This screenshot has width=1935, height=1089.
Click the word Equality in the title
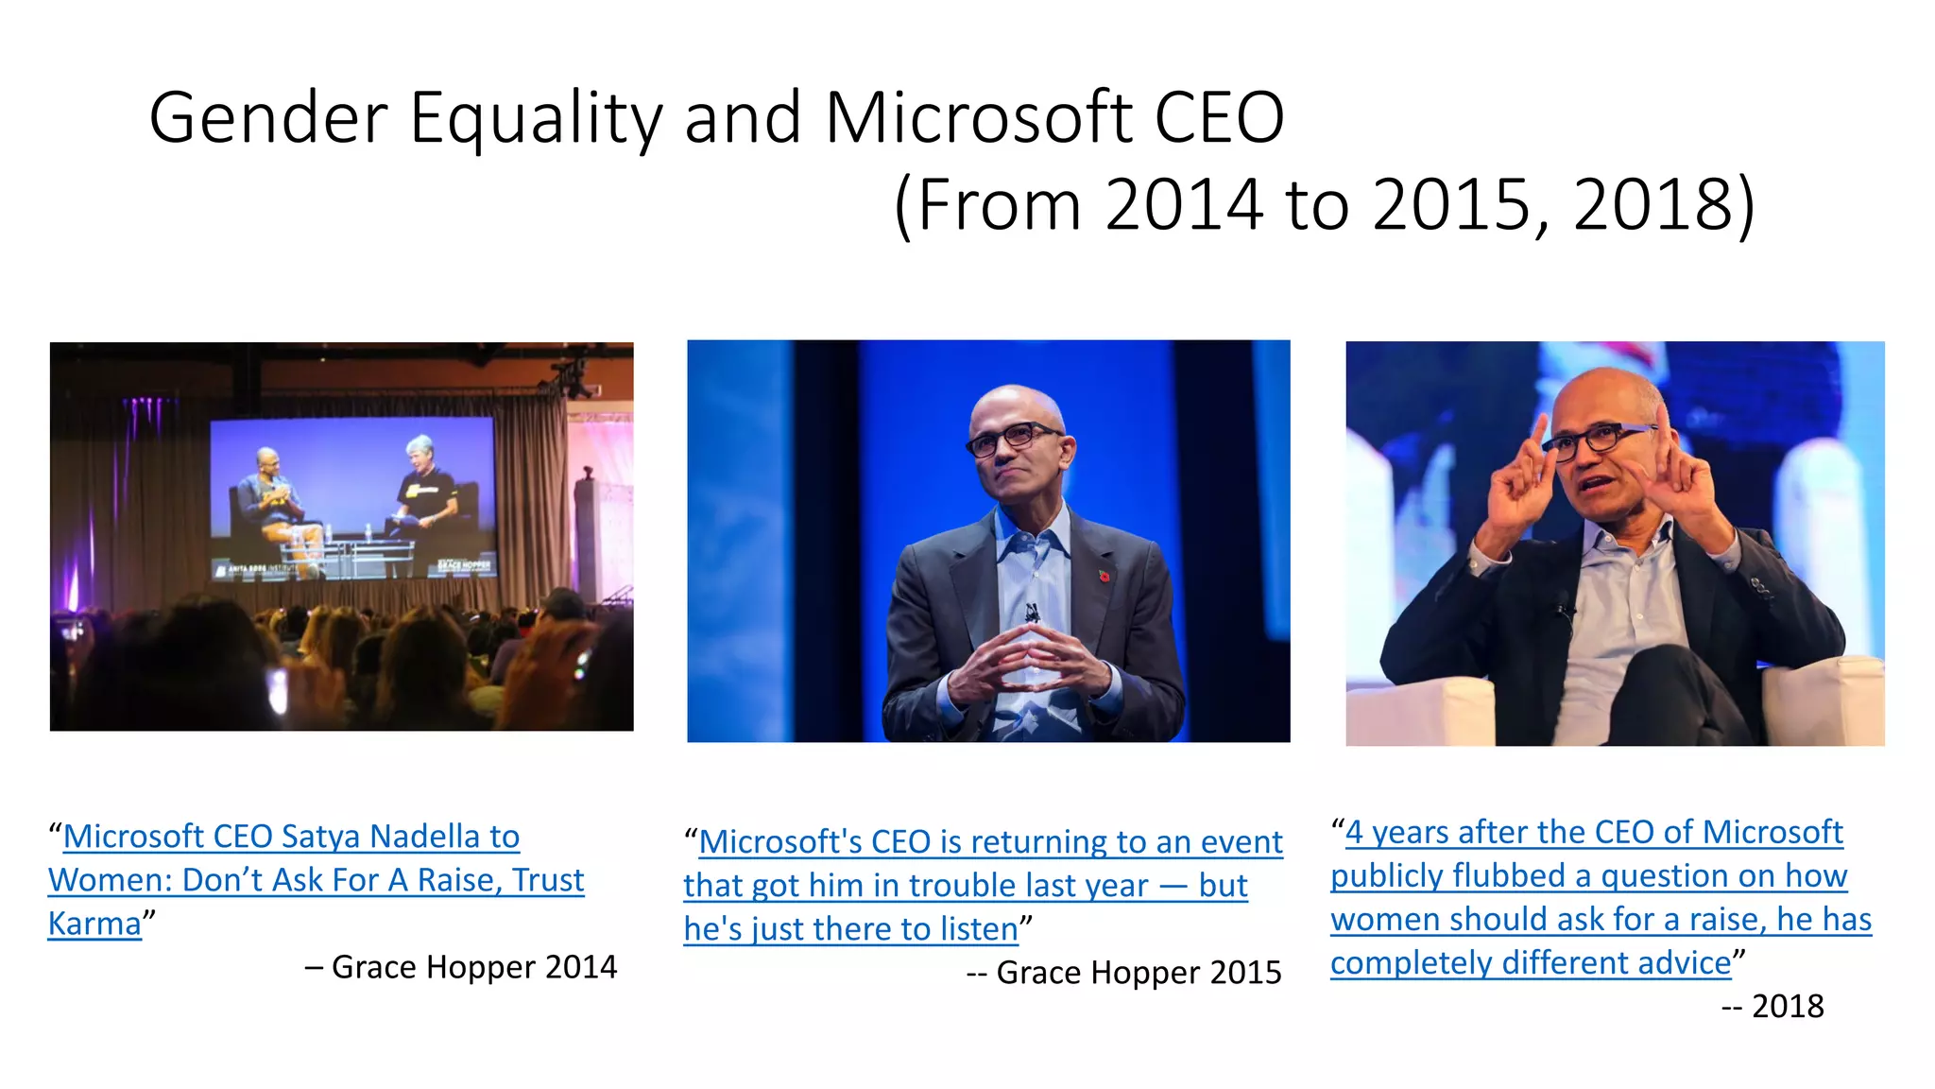pos(535,119)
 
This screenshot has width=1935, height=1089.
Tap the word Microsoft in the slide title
pos(978,117)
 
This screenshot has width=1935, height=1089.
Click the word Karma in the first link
pos(94,924)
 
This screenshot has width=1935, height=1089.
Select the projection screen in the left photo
pos(351,496)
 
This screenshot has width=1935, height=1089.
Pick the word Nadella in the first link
pos(425,837)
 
